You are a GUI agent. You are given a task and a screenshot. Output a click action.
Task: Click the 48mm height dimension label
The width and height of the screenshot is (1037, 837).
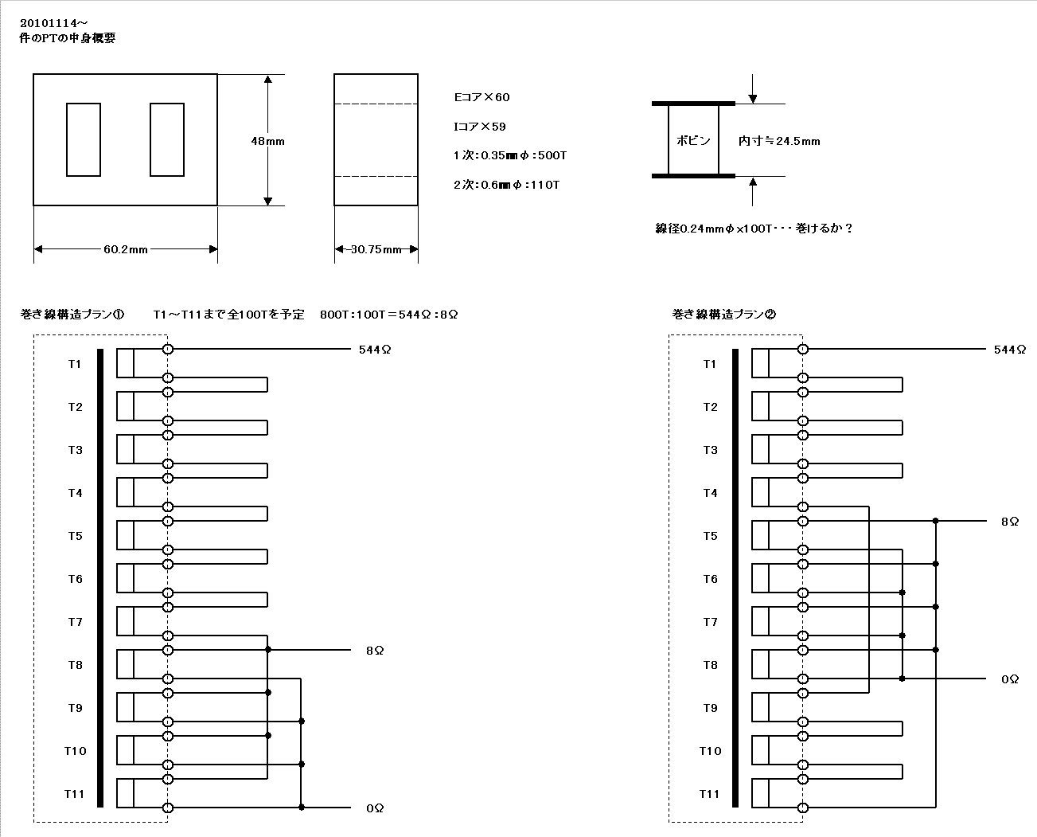pyautogui.click(x=267, y=141)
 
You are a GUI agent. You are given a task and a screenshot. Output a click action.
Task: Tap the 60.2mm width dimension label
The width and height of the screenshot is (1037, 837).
pyautogui.click(x=125, y=249)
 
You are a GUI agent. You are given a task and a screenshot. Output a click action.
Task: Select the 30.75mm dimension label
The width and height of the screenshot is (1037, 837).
pyautogui.click(x=376, y=249)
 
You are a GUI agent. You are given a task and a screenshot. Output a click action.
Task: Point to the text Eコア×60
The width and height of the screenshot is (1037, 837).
pyautogui.click(x=481, y=97)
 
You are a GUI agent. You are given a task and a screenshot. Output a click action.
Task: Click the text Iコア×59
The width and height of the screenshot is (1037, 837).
pyautogui.click(x=479, y=127)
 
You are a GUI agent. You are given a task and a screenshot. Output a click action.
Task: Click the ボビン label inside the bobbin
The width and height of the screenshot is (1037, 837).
pyautogui.click(x=693, y=140)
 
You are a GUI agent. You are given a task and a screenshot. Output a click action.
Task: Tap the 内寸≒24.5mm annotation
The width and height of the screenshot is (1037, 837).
pyautogui.click(x=779, y=141)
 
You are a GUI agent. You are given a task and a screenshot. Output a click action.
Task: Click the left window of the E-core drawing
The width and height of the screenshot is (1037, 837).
pyautogui.click(x=84, y=139)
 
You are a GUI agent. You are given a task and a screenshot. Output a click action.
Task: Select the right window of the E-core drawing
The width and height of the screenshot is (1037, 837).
pyautogui.click(x=166, y=139)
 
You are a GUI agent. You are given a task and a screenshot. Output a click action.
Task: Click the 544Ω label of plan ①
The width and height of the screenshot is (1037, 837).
pyautogui.click(x=375, y=350)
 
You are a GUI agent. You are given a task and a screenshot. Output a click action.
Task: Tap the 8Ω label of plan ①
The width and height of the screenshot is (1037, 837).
pyautogui.click(x=375, y=651)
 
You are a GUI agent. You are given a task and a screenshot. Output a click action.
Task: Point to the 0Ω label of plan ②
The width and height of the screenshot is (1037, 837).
pyautogui.click(x=1010, y=679)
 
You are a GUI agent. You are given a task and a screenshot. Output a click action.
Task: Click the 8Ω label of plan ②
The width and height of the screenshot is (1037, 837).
pyautogui.click(x=1010, y=521)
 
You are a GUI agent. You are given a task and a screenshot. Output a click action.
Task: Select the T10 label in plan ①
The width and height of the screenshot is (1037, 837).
pyautogui.click(x=75, y=751)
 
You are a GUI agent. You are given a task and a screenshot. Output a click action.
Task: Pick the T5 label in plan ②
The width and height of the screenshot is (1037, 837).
pyautogui.click(x=710, y=536)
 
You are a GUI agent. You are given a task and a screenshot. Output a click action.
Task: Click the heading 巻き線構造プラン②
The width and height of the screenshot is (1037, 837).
pyautogui.click(x=723, y=315)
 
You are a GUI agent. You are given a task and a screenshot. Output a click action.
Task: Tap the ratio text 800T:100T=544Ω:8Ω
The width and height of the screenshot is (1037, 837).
pyautogui.click(x=389, y=315)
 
